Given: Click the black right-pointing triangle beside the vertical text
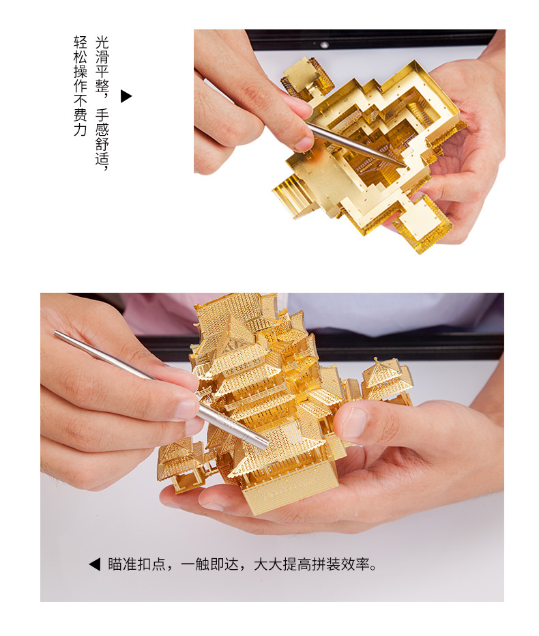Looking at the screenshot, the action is (126, 96).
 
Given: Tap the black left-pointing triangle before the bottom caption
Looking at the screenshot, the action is (95, 564).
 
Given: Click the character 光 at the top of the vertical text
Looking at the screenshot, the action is (102, 42).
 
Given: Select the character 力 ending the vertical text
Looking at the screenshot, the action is (81, 130).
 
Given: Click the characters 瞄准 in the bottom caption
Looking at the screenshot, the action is (122, 564).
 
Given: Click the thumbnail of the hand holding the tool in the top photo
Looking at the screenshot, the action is (304, 143).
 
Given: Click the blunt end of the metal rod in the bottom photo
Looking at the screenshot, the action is (57, 334).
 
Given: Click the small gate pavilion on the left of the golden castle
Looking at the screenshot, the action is (181, 463).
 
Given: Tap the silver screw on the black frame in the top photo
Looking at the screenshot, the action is (324, 44).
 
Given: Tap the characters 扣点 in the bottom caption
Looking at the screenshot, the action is (151, 564).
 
